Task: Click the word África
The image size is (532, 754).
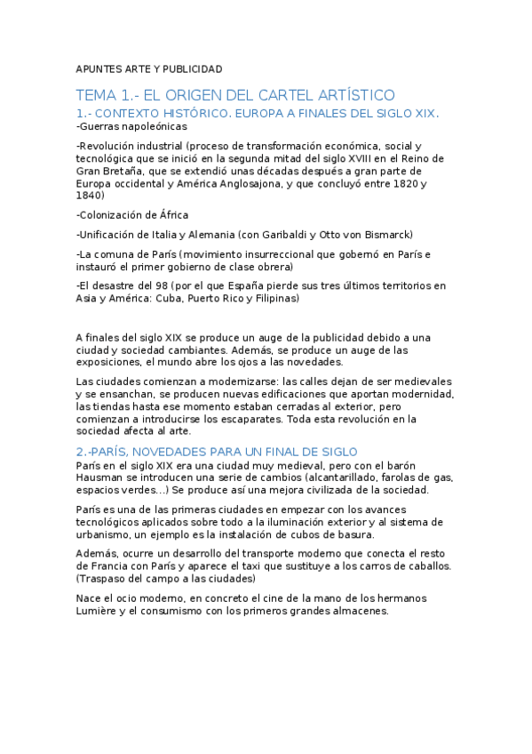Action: [x=171, y=215]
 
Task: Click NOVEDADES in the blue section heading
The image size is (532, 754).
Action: [x=171, y=452]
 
